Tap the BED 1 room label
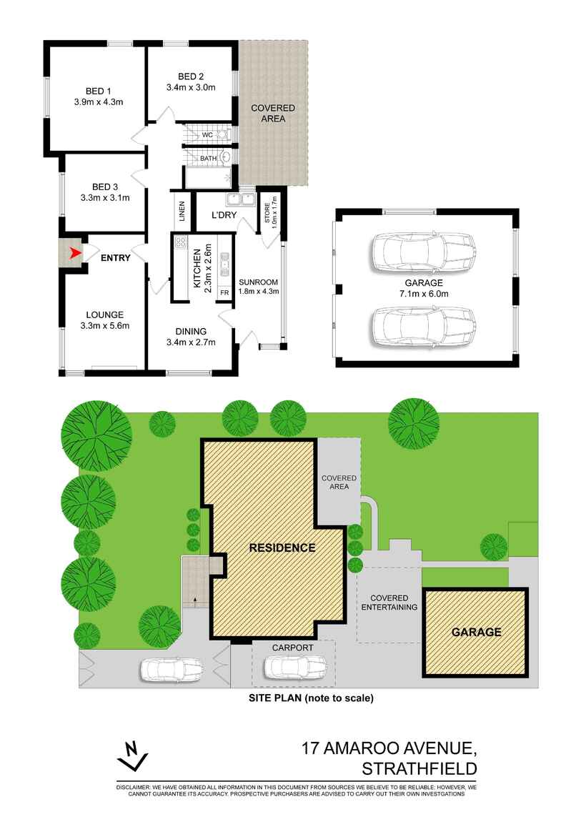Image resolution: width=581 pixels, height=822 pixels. click(x=99, y=91)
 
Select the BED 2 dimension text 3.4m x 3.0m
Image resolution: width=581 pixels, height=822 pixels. click(x=191, y=88)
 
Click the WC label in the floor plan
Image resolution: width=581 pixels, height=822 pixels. click(x=207, y=134)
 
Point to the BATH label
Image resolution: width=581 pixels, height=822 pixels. click(x=208, y=158)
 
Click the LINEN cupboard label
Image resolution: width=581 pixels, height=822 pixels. click(x=182, y=212)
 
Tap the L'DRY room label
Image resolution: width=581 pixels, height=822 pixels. click(x=224, y=215)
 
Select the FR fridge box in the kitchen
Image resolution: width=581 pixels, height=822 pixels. click(x=224, y=292)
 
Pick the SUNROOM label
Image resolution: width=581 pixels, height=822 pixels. click(x=258, y=282)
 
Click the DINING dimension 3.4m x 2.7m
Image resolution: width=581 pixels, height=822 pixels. click(x=191, y=342)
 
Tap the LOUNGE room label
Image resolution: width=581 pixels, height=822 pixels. click(x=105, y=315)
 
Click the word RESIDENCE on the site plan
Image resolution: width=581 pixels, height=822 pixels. click(x=282, y=548)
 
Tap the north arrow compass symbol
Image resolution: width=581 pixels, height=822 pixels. click(x=131, y=758)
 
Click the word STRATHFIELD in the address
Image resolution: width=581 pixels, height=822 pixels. click(x=419, y=769)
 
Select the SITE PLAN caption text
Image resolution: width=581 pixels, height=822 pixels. click(x=310, y=698)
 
